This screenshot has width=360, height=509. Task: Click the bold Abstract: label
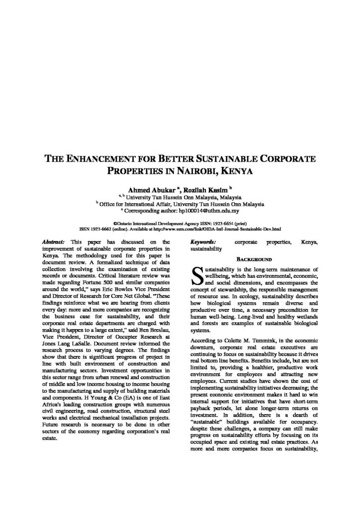55,241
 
